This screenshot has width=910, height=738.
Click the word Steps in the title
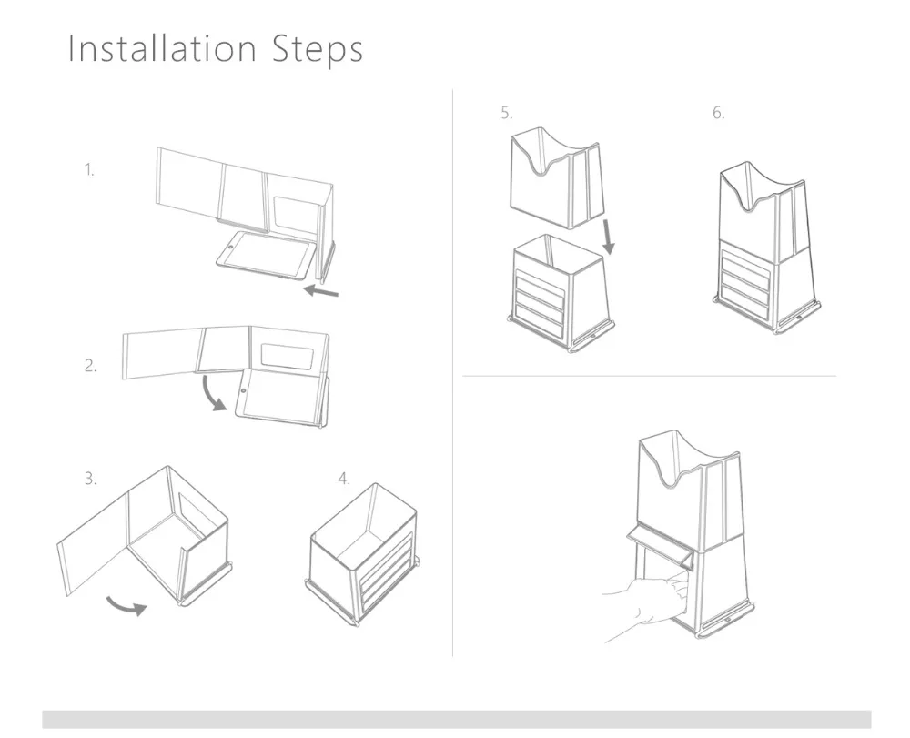[318, 50]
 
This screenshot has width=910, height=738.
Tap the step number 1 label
[89, 170]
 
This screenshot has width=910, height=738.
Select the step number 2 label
[90, 366]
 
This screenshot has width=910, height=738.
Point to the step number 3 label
[90, 479]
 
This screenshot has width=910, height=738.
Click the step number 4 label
[344, 479]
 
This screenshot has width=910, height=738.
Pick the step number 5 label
[507, 113]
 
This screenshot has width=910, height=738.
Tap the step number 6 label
[719, 113]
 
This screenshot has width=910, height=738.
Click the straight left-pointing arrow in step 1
[321, 290]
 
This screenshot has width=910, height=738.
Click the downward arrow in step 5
[607, 236]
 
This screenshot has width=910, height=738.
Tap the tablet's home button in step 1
[230, 248]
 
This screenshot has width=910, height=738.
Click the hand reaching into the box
[644, 606]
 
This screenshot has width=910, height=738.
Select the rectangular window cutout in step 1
[296, 215]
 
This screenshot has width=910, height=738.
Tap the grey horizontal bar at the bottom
[456, 720]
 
